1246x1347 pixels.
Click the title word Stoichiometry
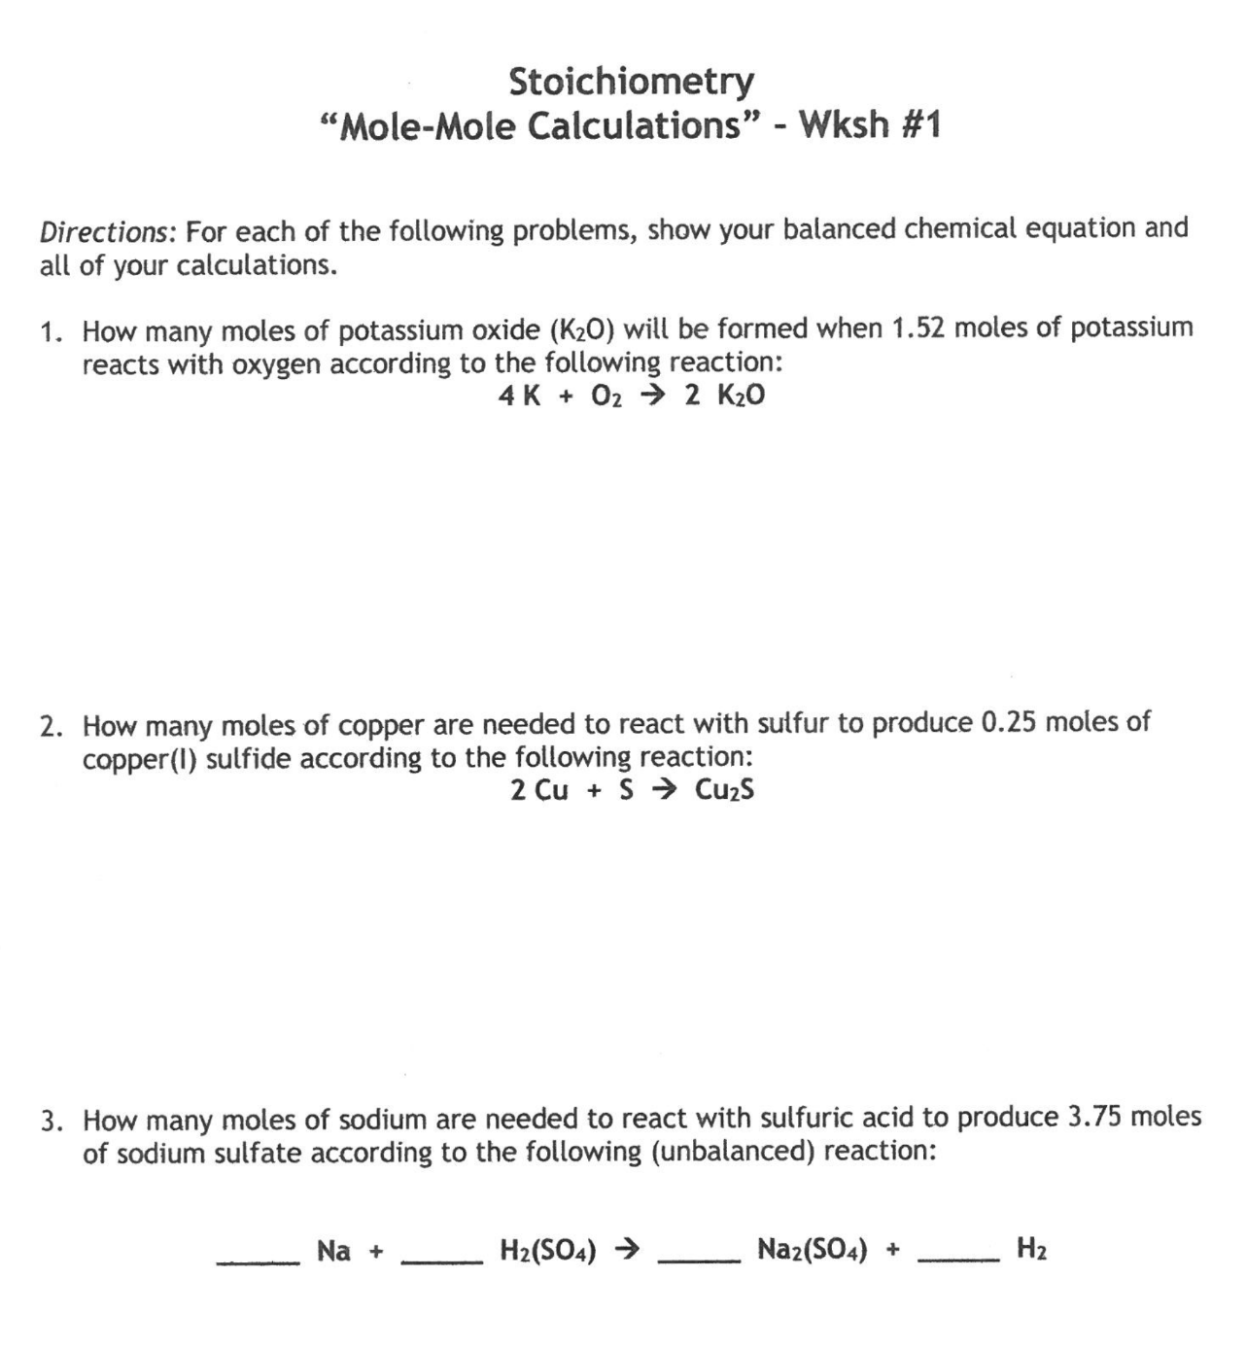pos(631,82)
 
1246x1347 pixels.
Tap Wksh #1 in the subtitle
pos(869,125)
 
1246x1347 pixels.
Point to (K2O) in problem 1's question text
pos(582,329)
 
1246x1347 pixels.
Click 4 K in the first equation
pos(519,396)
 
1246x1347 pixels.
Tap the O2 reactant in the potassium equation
pos(605,396)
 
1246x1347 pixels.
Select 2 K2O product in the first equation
pos(724,396)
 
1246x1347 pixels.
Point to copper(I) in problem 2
pos(140,758)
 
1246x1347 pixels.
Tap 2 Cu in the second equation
pos(538,790)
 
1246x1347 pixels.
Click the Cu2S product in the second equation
pos(724,790)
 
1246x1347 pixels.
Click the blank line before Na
pos(258,1261)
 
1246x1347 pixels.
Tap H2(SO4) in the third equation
pos(547,1249)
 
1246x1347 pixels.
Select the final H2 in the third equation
pos(1031,1249)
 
